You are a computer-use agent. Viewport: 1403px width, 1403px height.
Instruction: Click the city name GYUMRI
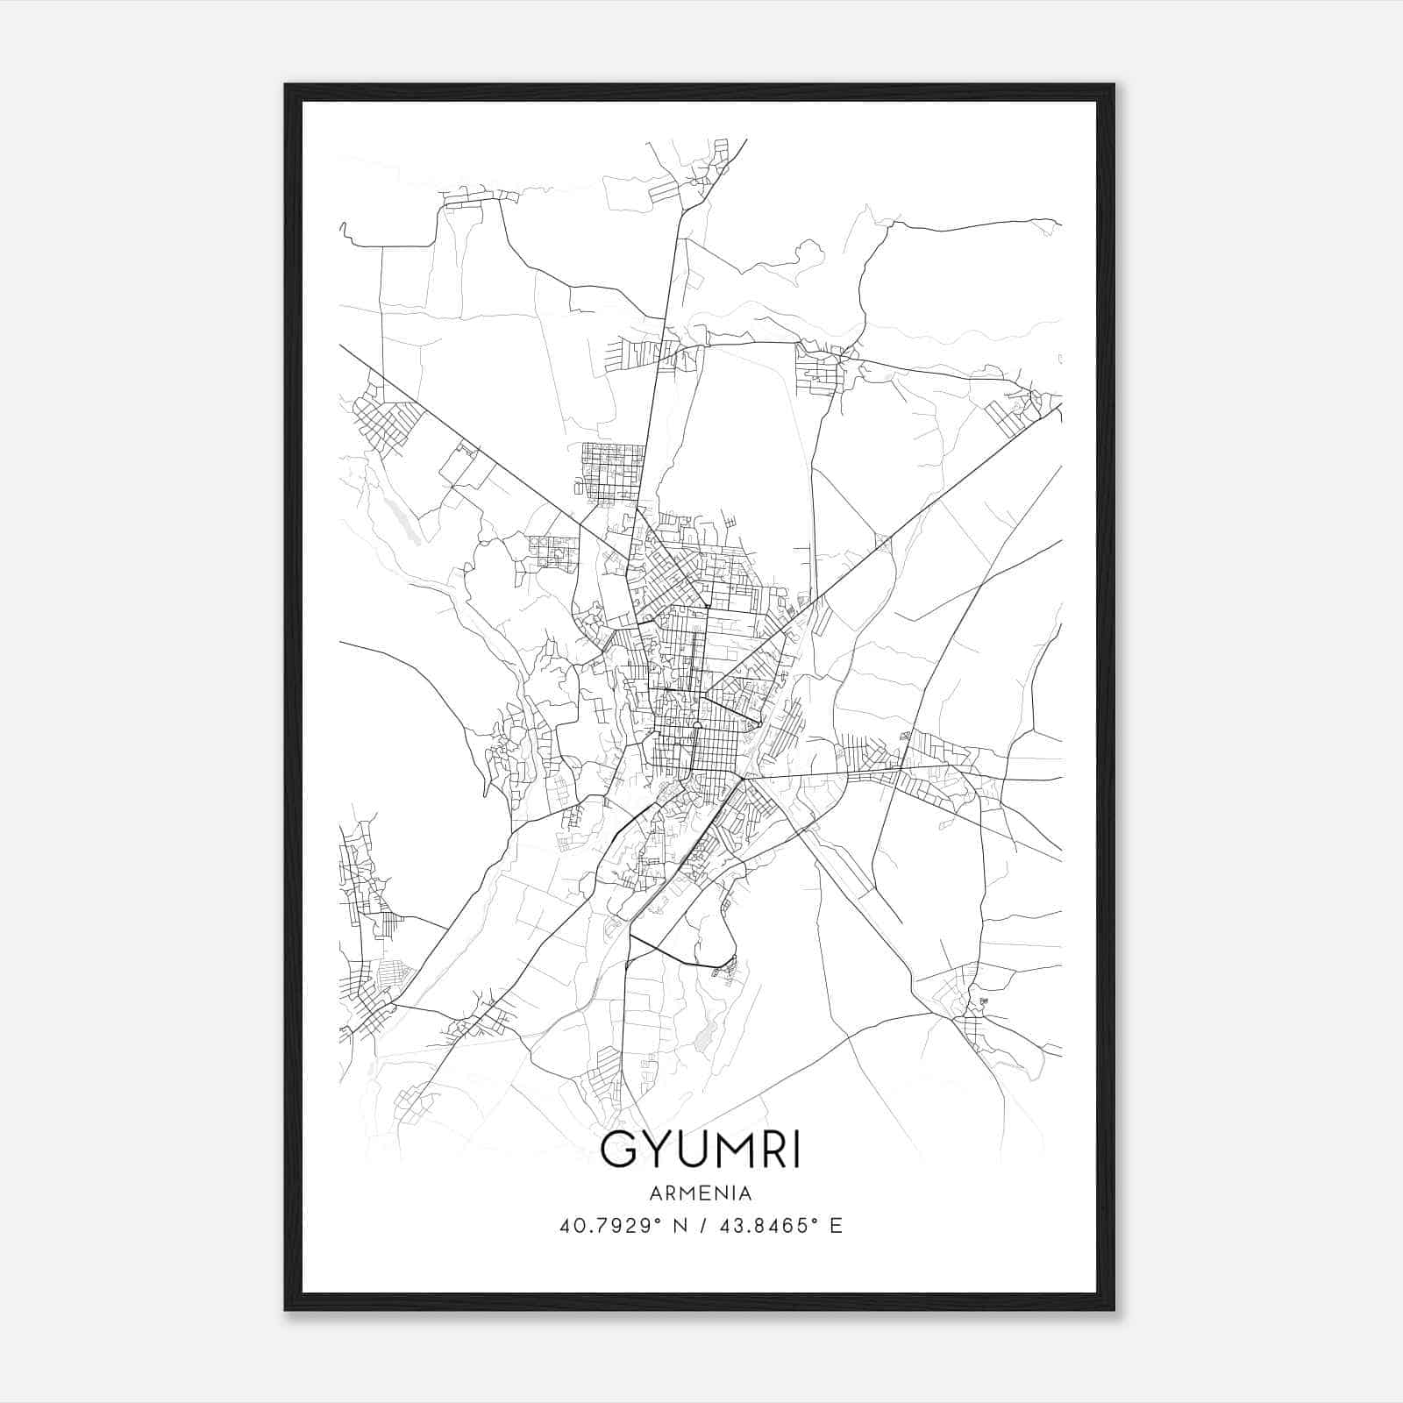pyautogui.click(x=700, y=1151)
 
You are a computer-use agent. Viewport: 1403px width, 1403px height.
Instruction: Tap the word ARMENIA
pyautogui.click(x=700, y=1193)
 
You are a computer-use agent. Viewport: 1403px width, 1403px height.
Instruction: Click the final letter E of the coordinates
pyautogui.click(x=836, y=1226)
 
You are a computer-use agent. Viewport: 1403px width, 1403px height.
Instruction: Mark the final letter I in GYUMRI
pyautogui.click(x=794, y=1151)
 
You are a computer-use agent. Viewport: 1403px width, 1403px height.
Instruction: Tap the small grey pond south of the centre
pyautogui.click(x=703, y=1040)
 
